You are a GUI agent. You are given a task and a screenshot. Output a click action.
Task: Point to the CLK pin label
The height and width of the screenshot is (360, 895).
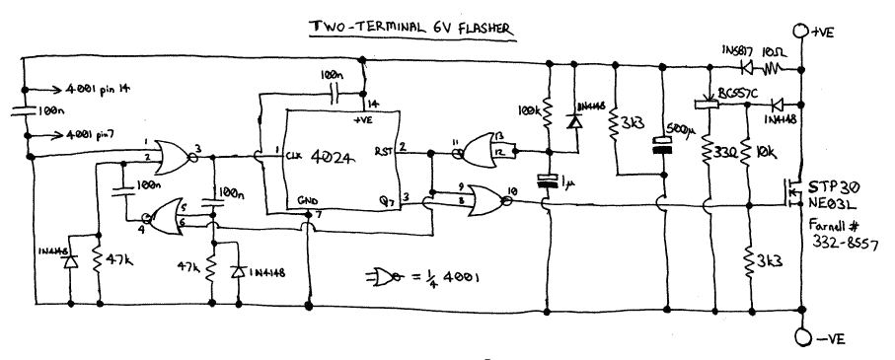click(294, 155)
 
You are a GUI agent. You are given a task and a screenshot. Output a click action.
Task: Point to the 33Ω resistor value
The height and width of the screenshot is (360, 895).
click(723, 156)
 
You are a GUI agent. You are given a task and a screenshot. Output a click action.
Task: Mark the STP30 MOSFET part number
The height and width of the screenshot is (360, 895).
click(831, 186)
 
